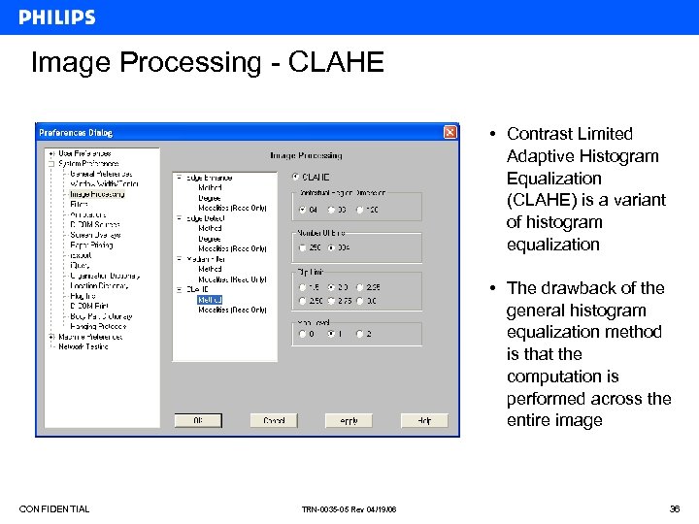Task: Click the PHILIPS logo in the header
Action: click(57, 17)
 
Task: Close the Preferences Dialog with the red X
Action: click(450, 132)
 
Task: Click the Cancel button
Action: click(274, 420)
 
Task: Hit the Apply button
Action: click(349, 420)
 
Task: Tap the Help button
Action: click(423, 420)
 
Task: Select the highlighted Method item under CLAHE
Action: click(210, 300)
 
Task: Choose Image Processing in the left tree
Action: click(97, 194)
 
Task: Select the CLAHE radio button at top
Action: click(297, 178)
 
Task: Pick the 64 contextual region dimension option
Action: click(303, 209)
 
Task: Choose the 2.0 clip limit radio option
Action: click(332, 287)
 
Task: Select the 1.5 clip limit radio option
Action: click(303, 287)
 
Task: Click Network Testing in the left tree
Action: click(83, 346)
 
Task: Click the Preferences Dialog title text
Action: click(75, 132)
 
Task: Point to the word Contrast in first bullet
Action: click(539, 134)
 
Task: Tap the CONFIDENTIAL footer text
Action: click(54, 509)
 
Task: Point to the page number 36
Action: click(676, 509)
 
